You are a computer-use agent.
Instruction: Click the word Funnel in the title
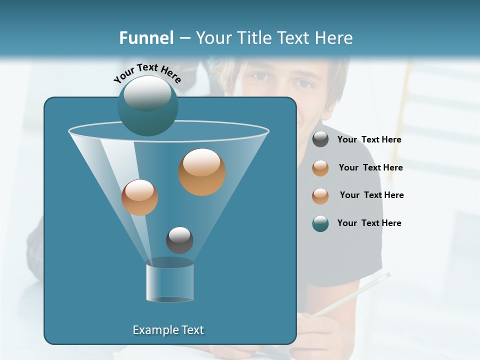tap(146, 38)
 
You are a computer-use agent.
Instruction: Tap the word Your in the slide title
tap(213, 38)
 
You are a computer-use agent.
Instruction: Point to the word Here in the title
tap(334, 38)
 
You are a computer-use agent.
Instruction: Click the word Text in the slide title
tap(294, 38)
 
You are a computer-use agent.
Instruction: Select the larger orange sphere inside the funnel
tap(202, 172)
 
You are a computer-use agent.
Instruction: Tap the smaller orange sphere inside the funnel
tap(139, 197)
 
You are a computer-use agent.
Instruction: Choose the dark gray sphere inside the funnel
tap(179, 240)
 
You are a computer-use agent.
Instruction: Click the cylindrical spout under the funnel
tap(169, 282)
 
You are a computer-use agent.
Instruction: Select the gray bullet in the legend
tap(320, 139)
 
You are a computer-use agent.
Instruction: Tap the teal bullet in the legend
tap(320, 223)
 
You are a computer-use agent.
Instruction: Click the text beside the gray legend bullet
tap(369, 139)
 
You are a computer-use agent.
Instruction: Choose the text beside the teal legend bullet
tap(369, 223)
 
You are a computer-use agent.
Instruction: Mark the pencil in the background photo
tap(350, 295)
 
